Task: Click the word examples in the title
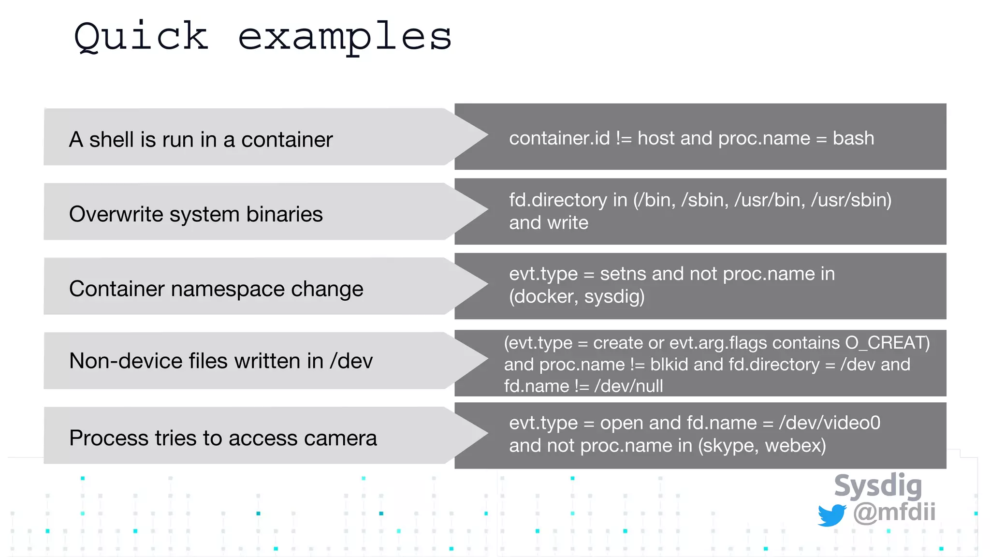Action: coord(345,38)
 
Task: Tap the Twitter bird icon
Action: coord(831,514)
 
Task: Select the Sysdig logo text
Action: coord(878,486)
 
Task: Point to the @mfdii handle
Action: coord(894,512)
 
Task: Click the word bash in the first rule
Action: coord(853,139)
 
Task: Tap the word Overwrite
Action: coord(123,214)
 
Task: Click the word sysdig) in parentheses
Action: coord(614,297)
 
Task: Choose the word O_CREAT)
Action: coord(888,343)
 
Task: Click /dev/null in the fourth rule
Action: coord(628,386)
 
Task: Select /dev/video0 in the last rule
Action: coord(830,423)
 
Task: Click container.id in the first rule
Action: coord(559,139)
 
